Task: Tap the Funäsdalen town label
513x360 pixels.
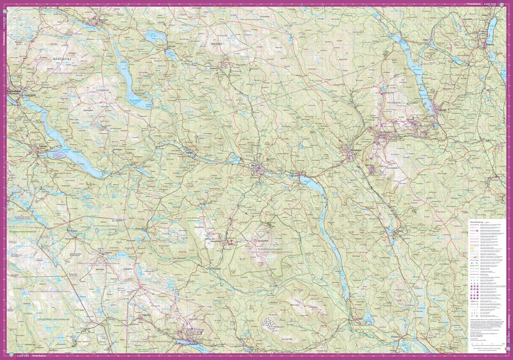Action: pos(14,91)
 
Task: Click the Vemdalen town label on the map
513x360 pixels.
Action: pos(350,149)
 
